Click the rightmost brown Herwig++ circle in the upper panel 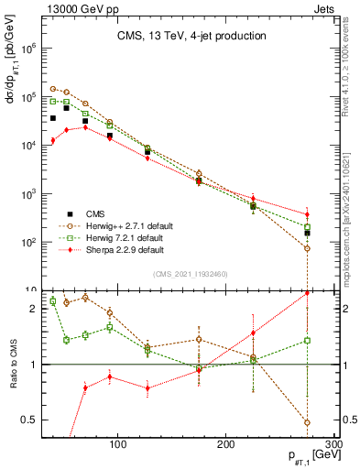[x=307, y=248]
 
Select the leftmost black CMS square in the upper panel [x=53, y=118]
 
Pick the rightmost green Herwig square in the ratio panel [x=307, y=340]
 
